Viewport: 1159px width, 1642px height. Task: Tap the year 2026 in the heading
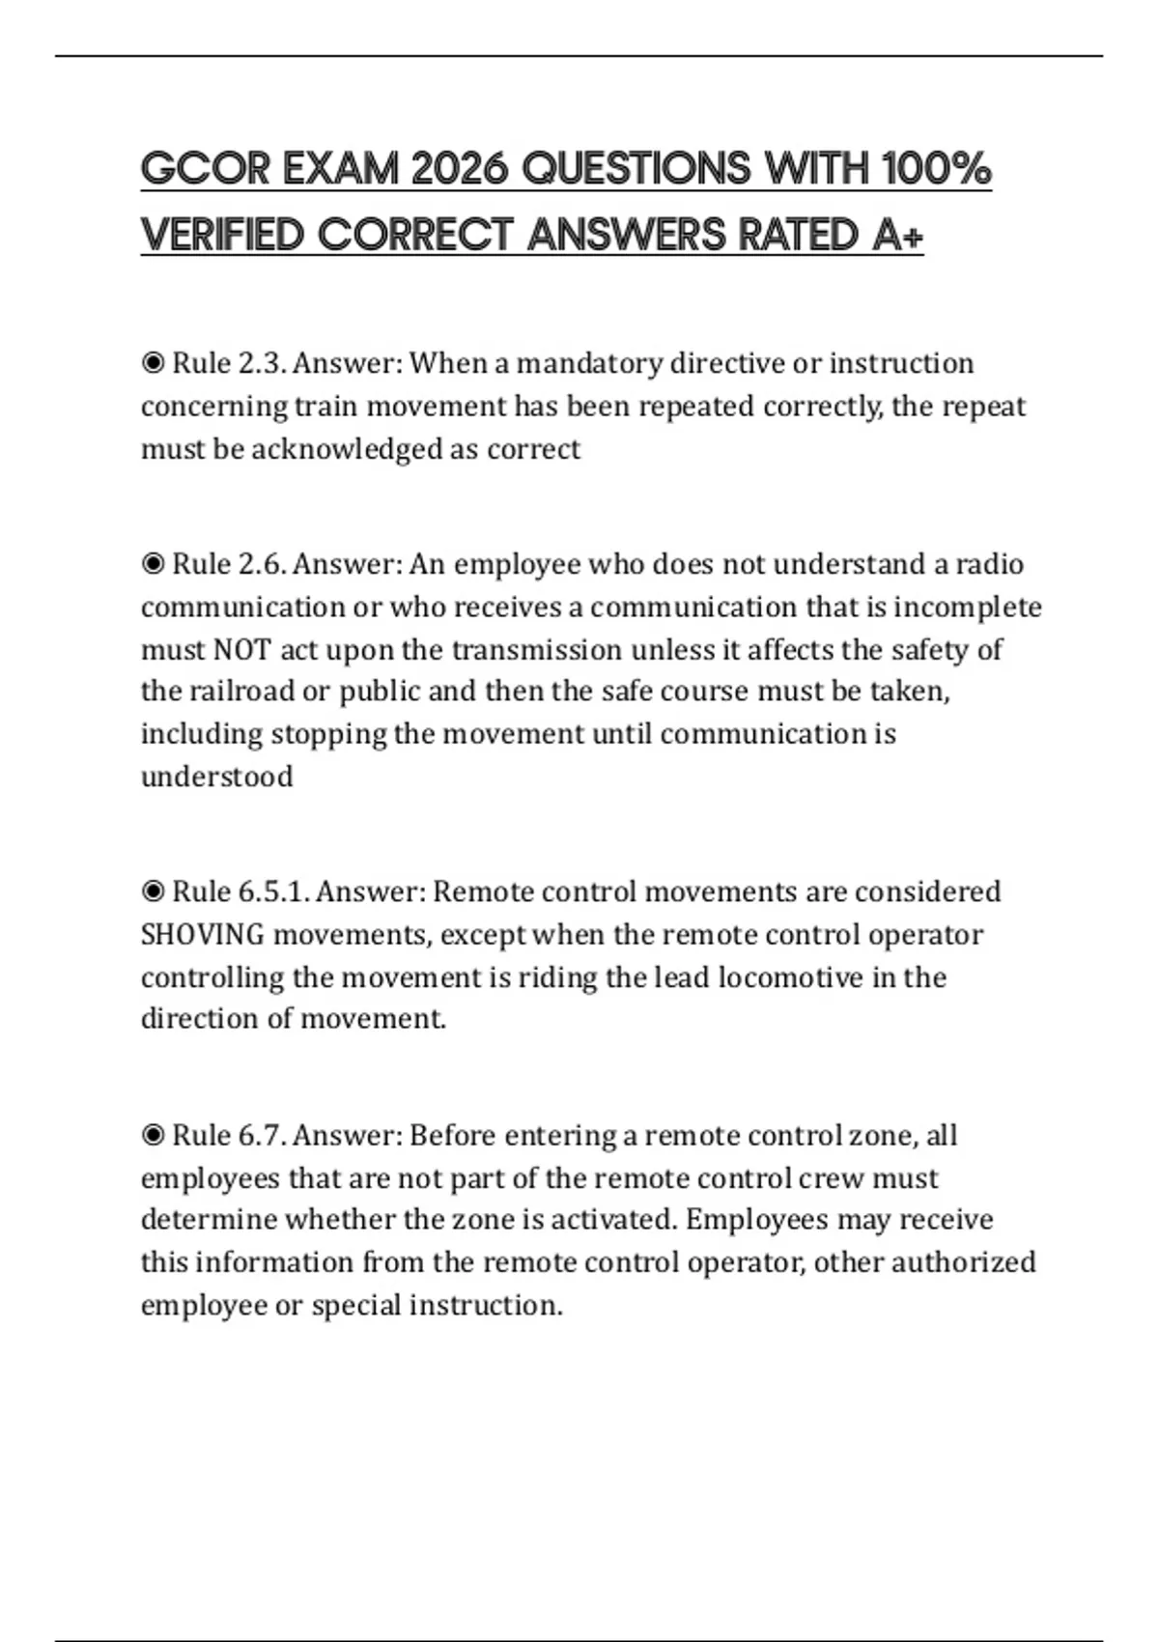coord(460,169)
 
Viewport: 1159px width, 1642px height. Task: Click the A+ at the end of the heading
coord(897,235)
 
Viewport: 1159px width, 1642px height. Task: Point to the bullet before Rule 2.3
coord(153,364)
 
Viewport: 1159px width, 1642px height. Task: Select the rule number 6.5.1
coord(273,892)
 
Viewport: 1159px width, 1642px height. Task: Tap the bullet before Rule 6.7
coord(153,1136)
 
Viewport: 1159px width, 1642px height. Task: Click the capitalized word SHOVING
coord(203,935)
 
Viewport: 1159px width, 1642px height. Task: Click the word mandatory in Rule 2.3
coord(590,364)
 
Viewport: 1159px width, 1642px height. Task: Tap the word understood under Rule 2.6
coord(217,778)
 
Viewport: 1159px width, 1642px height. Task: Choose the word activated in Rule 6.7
coord(612,1220)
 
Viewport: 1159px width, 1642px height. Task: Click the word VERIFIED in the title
coord(222,235)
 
